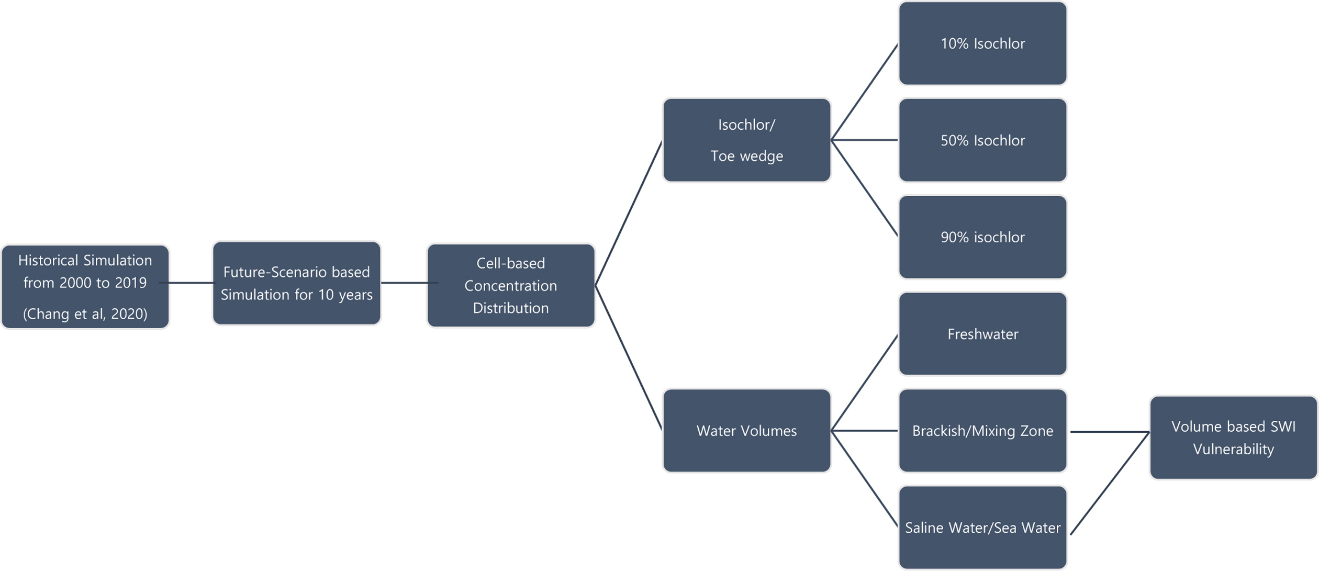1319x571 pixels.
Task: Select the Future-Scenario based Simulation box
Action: coord(296,283)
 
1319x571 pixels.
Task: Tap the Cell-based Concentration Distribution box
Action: coord(510,285)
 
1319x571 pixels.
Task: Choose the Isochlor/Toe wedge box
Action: coord(746,140)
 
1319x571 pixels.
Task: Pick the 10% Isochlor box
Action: coord(982,43)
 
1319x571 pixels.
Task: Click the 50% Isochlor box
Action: coord(982,140)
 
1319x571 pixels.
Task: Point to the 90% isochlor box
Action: coord(982,237)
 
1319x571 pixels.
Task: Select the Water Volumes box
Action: coord(746,431)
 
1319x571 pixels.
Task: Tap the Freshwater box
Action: coord(982,334)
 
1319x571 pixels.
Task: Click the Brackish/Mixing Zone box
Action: coord(982,431)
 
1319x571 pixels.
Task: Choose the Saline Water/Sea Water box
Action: coord(982,528)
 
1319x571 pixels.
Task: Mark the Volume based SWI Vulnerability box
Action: coord(1233,438)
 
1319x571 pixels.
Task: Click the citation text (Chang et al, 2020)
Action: coord(85,314)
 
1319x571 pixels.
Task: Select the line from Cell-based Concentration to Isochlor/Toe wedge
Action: coord(628,214)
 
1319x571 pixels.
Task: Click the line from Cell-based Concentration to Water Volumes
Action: coord(628,357)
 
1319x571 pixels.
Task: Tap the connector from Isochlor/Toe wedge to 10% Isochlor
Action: coord(865,92)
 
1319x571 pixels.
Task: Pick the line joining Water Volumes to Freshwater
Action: coord(865,383)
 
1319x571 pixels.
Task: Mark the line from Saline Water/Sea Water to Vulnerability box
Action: coord(1110,483)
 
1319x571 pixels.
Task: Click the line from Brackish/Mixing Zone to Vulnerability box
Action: coord(1110,432)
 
